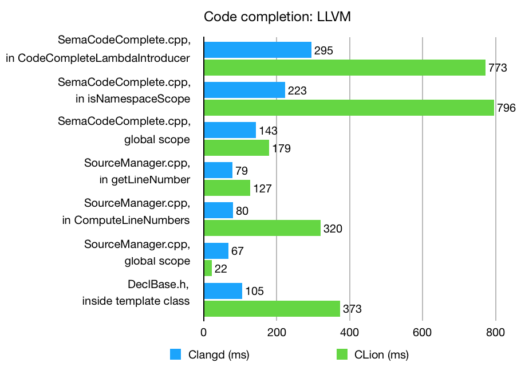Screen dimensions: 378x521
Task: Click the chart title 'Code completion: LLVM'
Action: pyautogui.click(x=277, y=17)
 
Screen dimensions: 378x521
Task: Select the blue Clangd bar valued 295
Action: pyautogui.click(x=258, y=50)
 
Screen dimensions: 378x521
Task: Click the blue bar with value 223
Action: pyautogui.click(x=244, y=90)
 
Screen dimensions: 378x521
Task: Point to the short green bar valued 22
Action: pyautogui.click(x=208, y=268)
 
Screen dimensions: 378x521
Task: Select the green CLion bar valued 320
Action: pyautogui.click(x=262, y=228)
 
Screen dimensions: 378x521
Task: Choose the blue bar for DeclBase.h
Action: pyautogui.click(x=223, y=291)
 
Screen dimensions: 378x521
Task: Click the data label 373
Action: pyautogui.click(x=352, y=309)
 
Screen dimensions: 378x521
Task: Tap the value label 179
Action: pyautogui.click(x=282, y=149)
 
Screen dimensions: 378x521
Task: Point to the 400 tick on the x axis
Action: pyautogui.click(x=349, y=332)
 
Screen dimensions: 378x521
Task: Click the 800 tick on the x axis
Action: pyautogui.click(x=495, y=332)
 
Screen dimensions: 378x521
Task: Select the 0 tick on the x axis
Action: pyautogui.click(x=204, y=332)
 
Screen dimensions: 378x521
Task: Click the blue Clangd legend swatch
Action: pyautogui.click(x=176, y=355)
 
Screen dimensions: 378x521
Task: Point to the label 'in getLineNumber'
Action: pyautogui.click(x=144, y=179)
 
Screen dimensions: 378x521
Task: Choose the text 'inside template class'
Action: pyautogui.click(x=136, y=300)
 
